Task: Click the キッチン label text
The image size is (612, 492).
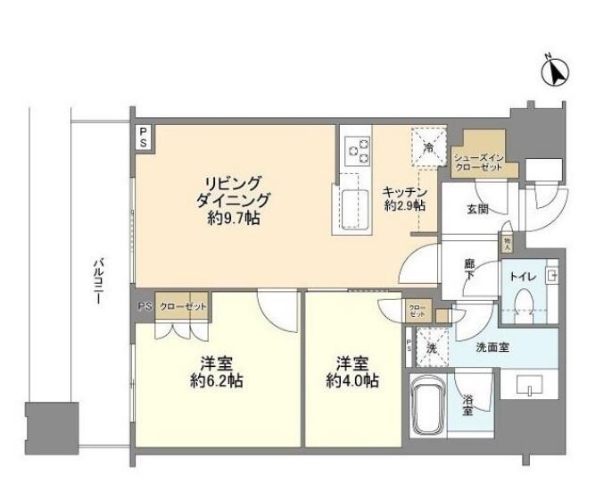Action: click(x=404, y=191)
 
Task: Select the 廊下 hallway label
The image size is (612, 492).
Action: click(x=469, y=270)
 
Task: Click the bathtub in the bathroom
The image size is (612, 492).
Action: click(x=429, y=404)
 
